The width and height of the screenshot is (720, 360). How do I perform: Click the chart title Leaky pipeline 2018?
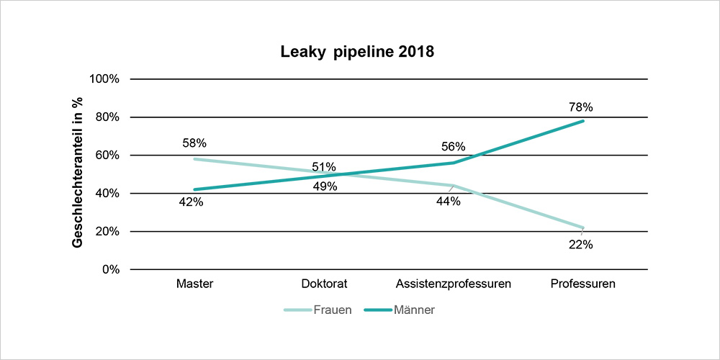point(358,53)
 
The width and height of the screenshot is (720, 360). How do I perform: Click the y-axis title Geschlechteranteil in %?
point(77,174)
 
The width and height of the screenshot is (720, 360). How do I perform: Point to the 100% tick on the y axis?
point(104,78)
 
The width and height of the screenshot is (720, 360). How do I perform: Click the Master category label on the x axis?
point(194,284)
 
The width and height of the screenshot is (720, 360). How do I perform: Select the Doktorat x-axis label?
point(324,284)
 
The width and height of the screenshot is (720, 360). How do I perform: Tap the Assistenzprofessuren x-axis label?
point(454,284)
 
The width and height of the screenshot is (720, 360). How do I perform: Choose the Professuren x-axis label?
point(582,284)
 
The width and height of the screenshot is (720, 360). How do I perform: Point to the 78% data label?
point(581,107)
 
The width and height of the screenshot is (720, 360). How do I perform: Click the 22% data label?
point(580,245)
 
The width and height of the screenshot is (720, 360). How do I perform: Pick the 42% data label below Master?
point(191,202)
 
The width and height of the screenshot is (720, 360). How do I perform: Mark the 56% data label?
point(454,148)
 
